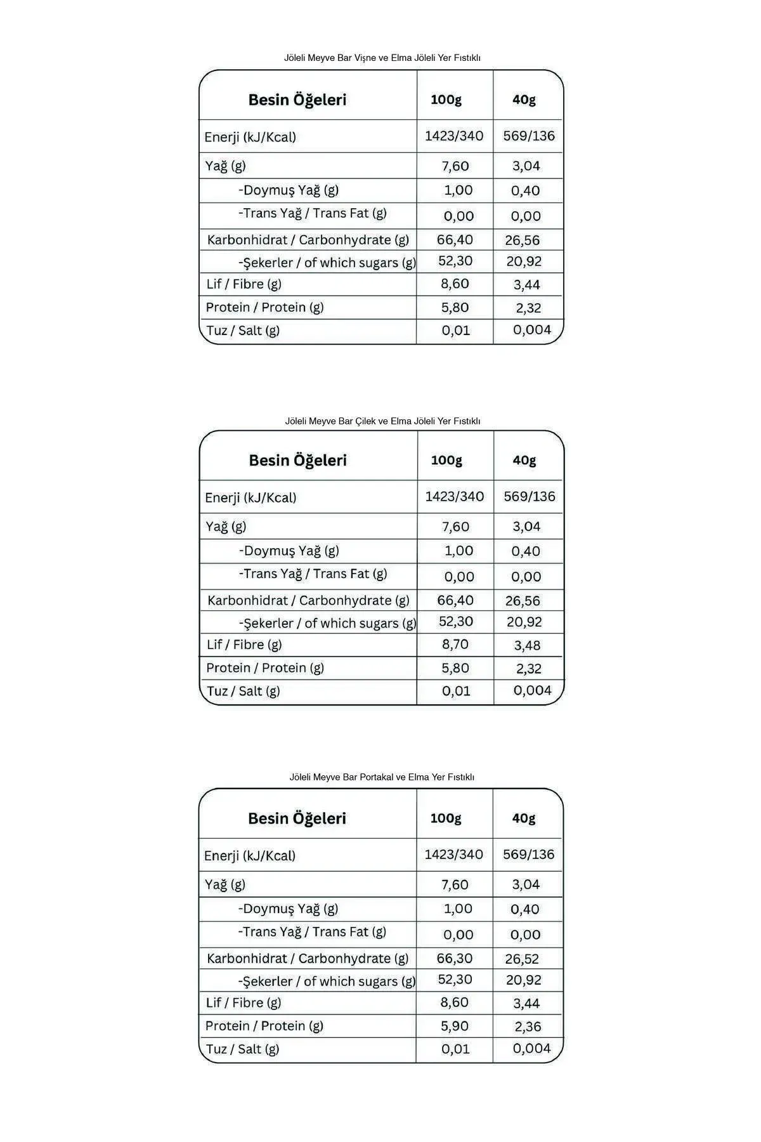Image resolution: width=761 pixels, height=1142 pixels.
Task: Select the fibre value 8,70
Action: tap(455, 645)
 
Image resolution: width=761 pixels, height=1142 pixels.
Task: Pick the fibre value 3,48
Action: tap(527, 645)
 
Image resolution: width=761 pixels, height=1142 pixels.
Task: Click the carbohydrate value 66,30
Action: tap(455, 958)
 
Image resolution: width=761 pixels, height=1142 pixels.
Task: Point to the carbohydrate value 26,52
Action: tap(523, 959)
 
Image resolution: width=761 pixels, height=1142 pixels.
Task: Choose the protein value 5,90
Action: tap(455, 1026)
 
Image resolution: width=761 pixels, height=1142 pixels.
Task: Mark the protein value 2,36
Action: tap(528, 1027)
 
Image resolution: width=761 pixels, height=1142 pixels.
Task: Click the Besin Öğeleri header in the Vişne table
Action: tap(297, 100)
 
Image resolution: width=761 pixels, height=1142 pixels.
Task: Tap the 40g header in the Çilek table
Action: tap(524, 460)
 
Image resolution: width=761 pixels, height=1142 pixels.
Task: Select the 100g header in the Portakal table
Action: tap(446, 818)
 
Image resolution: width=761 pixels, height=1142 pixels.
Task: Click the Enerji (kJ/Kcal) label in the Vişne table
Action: tap(250, 137)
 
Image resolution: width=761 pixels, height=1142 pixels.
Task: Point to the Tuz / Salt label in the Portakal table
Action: tap(242, 1049)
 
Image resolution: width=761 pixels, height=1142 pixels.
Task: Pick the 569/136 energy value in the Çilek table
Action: tap(530, 497)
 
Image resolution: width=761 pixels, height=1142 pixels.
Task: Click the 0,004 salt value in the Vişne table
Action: tap(532, 330)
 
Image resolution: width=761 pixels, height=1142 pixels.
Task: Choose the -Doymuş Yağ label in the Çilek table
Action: tap(289, 551)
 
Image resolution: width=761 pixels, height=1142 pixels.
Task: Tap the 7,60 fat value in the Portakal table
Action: tap(455, 884)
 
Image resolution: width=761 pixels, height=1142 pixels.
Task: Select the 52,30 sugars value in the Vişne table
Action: tap(455, 261)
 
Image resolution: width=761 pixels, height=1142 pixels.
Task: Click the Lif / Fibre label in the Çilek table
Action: tap(244, 645)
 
